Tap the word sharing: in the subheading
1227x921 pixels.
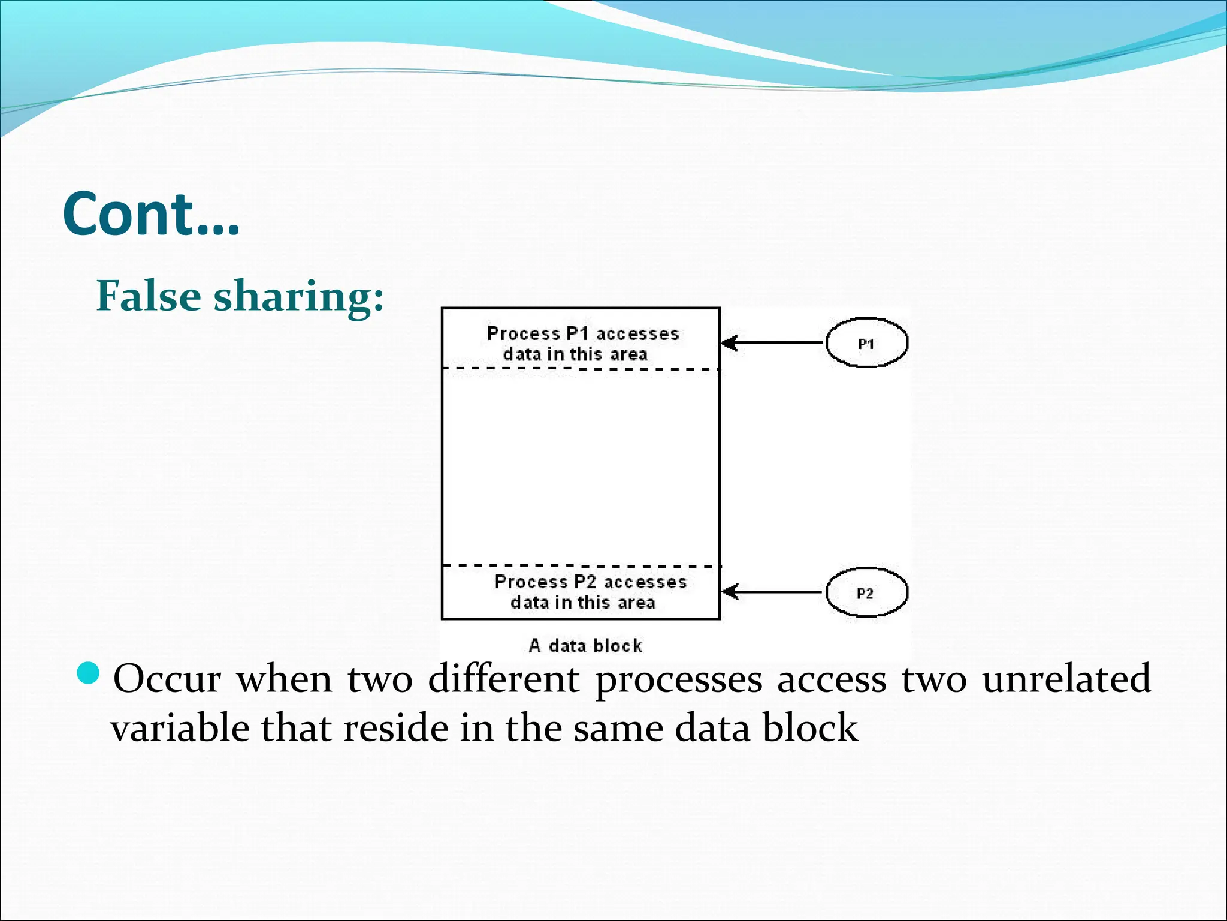298,297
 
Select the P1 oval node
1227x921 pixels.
866,343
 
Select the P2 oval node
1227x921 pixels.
866,592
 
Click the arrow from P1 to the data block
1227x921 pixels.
773,343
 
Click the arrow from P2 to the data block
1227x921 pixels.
773,592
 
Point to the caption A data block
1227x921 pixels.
585,646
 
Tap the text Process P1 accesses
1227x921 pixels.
582,333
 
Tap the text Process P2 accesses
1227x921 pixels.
590,582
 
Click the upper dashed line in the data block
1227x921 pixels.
580,369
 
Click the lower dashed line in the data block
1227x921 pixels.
580,565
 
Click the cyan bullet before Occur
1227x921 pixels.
90,673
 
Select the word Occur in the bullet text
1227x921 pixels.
167,679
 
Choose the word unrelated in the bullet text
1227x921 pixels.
1066,679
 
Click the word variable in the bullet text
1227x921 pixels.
180,728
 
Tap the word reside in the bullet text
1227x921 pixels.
395,728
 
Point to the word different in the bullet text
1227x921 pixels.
504,679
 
